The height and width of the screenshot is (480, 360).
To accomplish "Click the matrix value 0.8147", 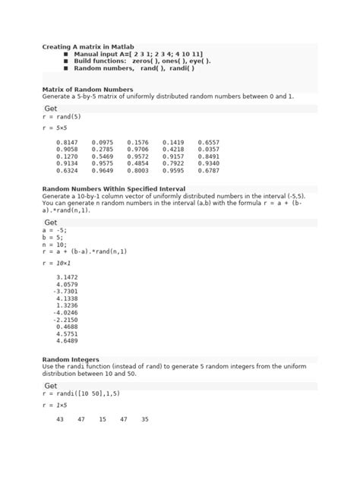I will (x=66, y=142).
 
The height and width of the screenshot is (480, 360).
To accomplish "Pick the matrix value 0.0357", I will (x=208, y=150).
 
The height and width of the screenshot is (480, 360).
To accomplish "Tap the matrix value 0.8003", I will (x=137, y=171).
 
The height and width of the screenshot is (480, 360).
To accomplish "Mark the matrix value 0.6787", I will (x=208, y=171).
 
